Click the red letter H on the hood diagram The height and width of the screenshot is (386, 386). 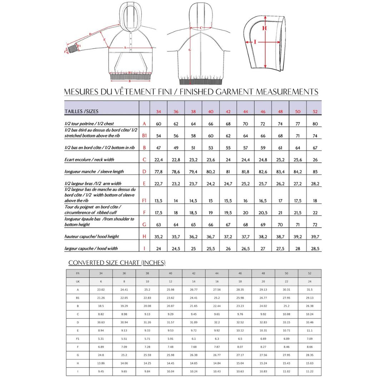264,28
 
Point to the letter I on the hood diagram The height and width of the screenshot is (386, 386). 255,42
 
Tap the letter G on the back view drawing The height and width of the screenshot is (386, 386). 190,50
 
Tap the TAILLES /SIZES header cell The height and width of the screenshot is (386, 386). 81,112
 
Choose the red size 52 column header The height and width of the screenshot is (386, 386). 315,112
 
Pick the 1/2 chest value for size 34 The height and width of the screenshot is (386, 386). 158,124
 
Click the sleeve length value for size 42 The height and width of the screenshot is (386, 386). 228,172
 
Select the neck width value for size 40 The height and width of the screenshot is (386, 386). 211,160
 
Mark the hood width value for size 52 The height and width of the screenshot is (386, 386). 315,248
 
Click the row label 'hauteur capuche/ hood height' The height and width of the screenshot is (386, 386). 92,237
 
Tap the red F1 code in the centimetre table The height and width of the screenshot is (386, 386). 144,201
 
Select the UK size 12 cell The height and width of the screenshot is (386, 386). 170,281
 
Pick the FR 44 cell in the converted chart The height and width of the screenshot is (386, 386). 217,273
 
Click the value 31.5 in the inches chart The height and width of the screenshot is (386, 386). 310,289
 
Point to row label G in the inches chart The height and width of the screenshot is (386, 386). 78,355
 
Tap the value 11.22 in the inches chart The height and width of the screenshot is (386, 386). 310,372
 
